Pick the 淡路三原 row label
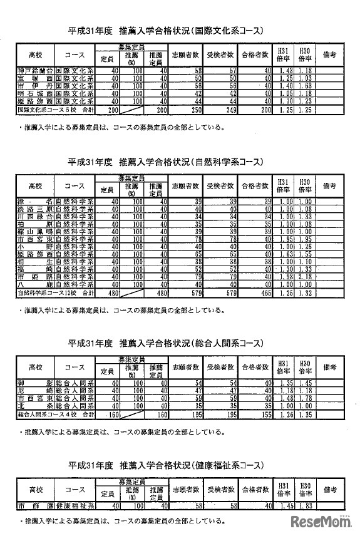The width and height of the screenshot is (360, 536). (x=34, y=209)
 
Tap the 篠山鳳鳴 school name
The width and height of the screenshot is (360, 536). (x=34, y=232)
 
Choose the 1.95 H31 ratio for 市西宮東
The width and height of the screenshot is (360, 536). (x=285, y=239)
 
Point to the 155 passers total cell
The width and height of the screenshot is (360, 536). (x=261, y=414)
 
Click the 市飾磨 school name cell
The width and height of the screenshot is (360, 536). (x=34, y=505)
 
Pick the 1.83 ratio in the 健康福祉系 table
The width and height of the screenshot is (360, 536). (x=305, y=505)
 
